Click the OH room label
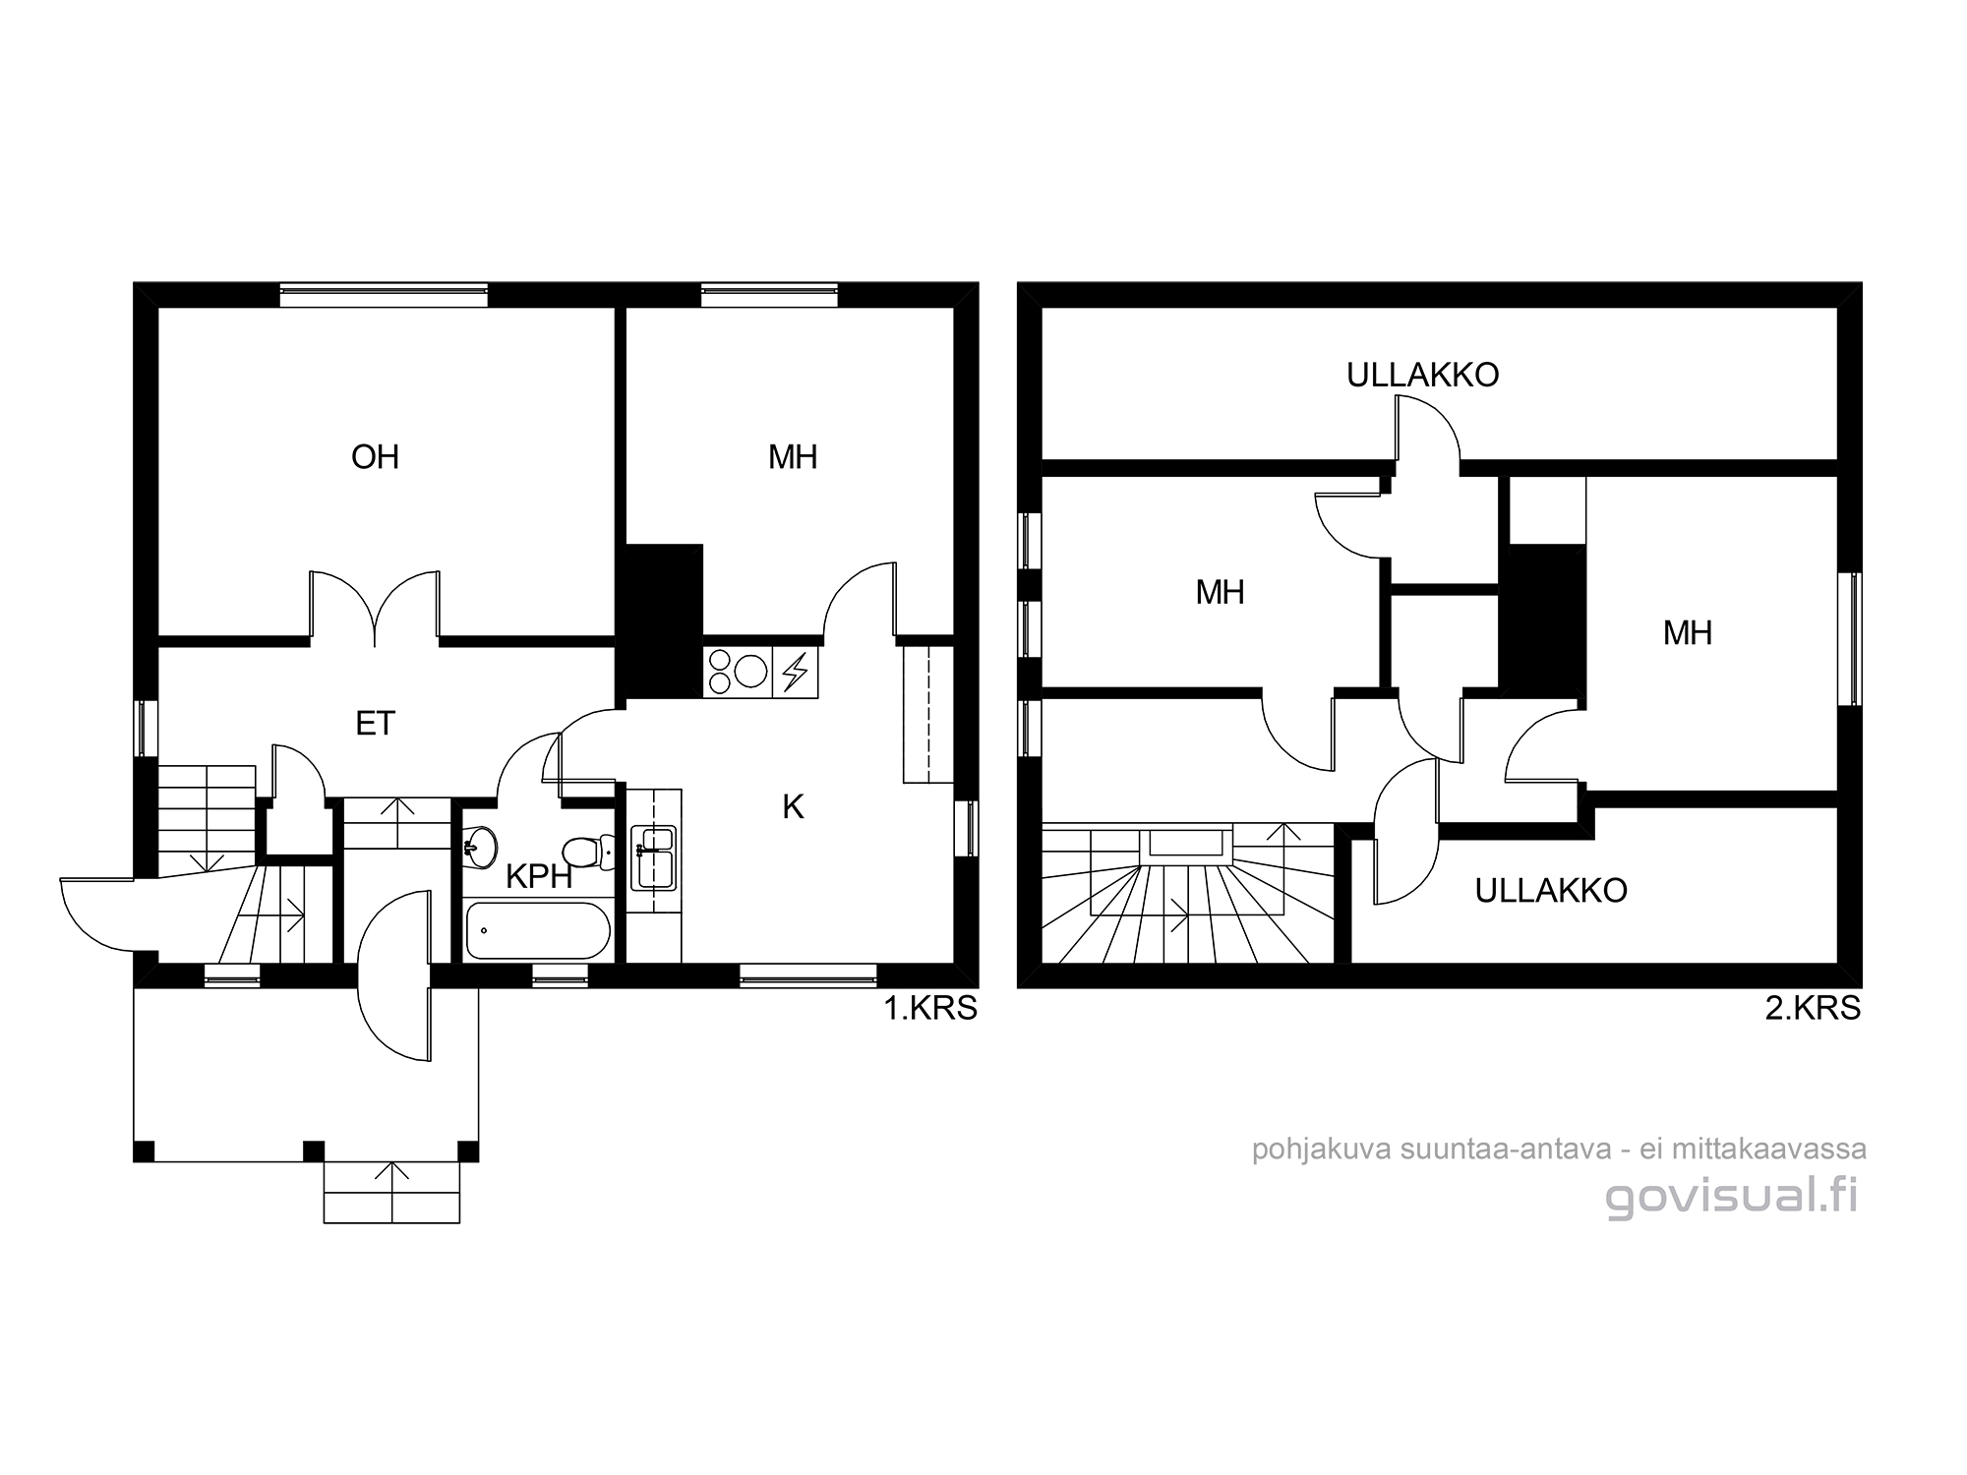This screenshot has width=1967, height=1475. click(375, 457)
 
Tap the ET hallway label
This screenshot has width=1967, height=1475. click(375, 724)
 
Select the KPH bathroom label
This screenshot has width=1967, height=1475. click(539, 876)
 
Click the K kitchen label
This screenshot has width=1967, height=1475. click(793, 807)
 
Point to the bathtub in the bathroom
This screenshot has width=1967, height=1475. click(538, 930)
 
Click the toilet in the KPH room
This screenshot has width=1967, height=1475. click(587, 852)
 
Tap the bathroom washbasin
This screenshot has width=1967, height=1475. click(481, 847)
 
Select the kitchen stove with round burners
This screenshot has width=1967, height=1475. click(739, 673)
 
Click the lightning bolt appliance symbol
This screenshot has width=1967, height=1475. click(795, 673)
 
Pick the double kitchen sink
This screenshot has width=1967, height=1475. click(654, 856)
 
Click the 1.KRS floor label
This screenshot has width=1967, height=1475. click(930, 1009)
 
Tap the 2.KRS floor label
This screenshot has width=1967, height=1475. click(1813, 1009)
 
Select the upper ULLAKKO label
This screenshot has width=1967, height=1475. click(1422, 376)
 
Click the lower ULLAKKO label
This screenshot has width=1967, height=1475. click(1551, 891)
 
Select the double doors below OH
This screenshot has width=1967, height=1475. click(375, 608)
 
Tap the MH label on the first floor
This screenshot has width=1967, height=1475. click(793, 457)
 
